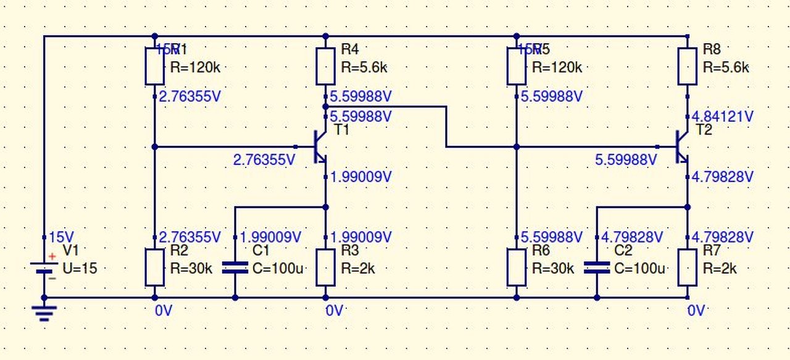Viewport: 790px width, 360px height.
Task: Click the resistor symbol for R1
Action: pos(154,67)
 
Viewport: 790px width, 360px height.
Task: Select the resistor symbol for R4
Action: pos(326,67)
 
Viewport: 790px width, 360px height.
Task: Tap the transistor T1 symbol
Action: pos(320,146)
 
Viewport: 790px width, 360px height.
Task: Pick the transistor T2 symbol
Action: pos(681,146)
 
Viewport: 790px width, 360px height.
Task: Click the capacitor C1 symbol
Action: pos(235,267)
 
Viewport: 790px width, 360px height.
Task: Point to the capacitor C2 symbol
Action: pos(596,267)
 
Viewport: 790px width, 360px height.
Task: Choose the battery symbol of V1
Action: pos(44,268)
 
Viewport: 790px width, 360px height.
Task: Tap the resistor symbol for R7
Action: pos(688,267)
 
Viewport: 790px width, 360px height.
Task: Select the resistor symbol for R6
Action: pos(517,267)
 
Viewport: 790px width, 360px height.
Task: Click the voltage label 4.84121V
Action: pos(723,116)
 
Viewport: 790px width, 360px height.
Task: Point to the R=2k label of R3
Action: pos(358,269)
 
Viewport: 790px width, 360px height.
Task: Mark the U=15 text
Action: pos(80,269)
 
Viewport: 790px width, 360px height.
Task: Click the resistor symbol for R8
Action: pos(688,67)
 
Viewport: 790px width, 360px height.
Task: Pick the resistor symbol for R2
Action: pos(154,267)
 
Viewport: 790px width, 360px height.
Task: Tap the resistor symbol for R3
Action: pos(326,267)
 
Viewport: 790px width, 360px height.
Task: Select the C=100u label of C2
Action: pos(640,269)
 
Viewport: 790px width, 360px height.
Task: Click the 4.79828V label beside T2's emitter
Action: pos(723,177)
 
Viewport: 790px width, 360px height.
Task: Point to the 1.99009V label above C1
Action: pos(270,237)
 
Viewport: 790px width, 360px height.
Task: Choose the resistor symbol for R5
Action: pos(517,67)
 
